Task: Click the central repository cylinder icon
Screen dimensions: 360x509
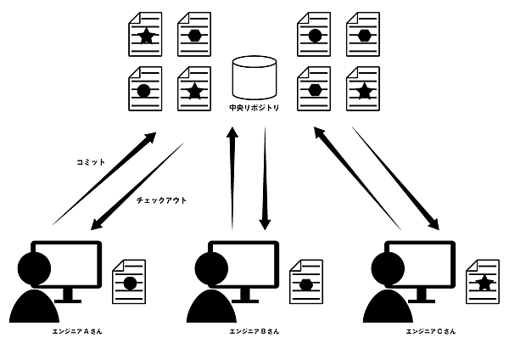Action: [x=255, y=76]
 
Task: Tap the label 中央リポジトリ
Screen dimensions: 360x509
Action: [x=255, y=108]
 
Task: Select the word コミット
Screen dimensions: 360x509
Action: [x=90, y=160]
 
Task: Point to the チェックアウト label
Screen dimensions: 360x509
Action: [x=161, y=200]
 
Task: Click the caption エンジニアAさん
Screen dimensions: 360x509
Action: [x=77, y=331]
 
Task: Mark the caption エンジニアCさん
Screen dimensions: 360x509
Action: [x=431, y=331]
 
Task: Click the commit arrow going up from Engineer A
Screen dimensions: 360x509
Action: [x=106, y=178]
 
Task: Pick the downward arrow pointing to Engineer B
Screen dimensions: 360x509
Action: [x=265, y=178]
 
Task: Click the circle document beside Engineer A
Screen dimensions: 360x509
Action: [x=129, y=282]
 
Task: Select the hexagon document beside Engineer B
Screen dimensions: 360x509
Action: [x=306, y=282]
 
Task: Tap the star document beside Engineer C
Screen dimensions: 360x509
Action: [x=484, y=282]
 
